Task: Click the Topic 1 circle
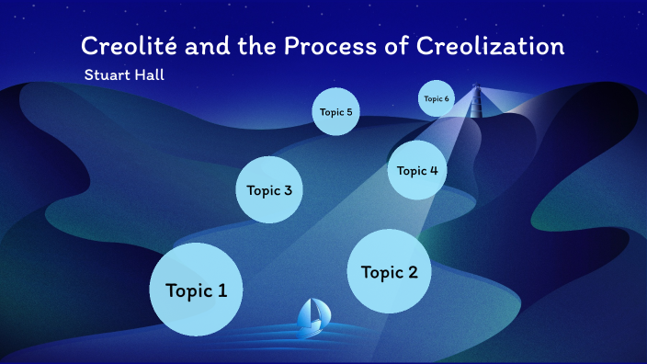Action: (196, 290)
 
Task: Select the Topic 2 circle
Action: (389, 271)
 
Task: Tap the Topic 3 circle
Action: (269, 190)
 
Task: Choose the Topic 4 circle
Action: (417, 170)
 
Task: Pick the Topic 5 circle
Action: (335, 112)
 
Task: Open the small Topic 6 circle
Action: (437, 98)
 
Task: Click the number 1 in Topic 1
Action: (221, 290)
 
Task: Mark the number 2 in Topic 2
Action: (412, 272)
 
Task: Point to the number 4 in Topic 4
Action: (433, 170)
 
